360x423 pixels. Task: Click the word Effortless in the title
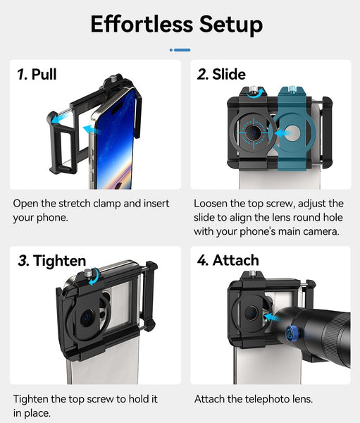point(142,24)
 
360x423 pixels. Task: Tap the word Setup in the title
point(231,25)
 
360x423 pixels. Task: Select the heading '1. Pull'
point(37,74)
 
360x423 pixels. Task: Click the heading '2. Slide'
point(221,74)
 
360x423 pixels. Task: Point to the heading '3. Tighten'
point(52,261)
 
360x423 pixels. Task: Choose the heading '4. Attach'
point(228,260)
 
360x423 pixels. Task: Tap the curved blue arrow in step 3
point(94,277)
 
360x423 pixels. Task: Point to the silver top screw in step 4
point(253,274)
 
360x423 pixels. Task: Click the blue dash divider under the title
point(180,50)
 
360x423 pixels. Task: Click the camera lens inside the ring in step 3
point(87,317)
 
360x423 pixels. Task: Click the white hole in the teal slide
point(292,133)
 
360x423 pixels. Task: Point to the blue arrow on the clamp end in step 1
point(59,118)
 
